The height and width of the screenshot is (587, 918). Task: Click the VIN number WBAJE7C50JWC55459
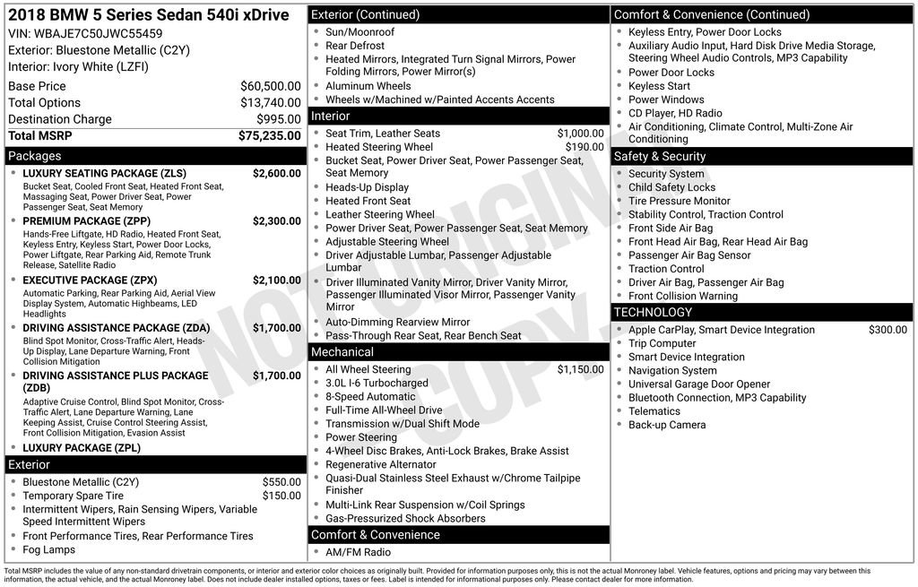pos(99,34)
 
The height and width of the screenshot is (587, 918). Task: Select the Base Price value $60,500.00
pos(270,86)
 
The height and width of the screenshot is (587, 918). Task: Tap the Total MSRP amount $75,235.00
pos(269,136)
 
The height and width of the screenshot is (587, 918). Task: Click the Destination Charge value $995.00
pos(278,119)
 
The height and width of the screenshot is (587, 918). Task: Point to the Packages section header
pos(35,156)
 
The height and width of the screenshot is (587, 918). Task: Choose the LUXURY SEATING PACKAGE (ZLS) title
pos(104,174)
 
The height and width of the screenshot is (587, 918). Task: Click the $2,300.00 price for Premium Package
pos(276,221)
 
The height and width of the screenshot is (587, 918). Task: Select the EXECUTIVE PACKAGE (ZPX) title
pos(90,281)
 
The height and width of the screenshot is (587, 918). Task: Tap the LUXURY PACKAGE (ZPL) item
pos(82,448)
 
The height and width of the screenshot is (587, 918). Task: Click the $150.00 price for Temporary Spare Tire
pos(281,496)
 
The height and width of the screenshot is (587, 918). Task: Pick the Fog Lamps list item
pos(49,549)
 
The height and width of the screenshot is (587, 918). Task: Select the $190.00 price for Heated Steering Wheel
pos(585,147)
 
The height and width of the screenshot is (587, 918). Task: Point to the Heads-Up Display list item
pos(367,187)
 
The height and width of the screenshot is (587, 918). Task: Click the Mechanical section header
pos(342,352)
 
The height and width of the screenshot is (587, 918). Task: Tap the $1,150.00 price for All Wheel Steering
pos(580,369)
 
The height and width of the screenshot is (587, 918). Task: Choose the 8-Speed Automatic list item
pos(370,396)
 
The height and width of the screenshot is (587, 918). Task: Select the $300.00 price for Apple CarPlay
pos(888,330)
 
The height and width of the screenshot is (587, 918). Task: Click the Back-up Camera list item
pos(667,425)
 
